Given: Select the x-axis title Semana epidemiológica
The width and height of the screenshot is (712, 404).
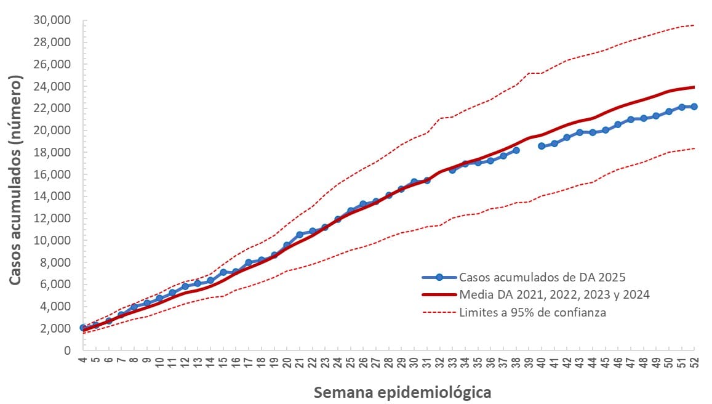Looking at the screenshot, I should [x=402, y=392].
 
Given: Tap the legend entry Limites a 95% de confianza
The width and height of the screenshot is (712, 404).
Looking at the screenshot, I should [x=533, y=313].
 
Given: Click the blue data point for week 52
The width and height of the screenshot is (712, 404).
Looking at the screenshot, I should [x=694, y=107].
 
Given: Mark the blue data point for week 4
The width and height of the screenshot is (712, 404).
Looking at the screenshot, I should [x=83, y=328].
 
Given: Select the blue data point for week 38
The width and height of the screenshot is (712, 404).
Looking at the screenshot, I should [x=516, y=150].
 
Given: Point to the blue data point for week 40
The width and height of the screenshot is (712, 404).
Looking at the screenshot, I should [x=542, y=146].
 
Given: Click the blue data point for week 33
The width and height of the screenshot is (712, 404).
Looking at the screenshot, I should [x=452, y=169].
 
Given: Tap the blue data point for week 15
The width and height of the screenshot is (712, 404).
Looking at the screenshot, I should [x=223, y=272].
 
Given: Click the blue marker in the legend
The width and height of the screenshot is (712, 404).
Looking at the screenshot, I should [x=439, y=277].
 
